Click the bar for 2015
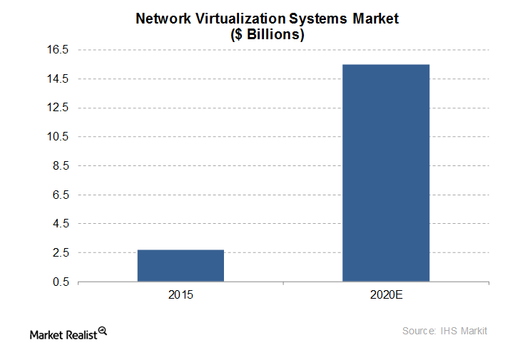coord(180,265)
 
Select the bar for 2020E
coord(386,173)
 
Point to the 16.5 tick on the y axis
coord(58,50)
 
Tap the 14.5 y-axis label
coord(58,79)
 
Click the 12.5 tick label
coord(58,108)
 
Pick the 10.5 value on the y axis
coord(58,137)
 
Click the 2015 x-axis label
coord(180,295)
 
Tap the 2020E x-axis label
coord(386,295)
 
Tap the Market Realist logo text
coord(63,333)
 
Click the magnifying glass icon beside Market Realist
coord(103,331)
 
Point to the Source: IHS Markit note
coord(444,331)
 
